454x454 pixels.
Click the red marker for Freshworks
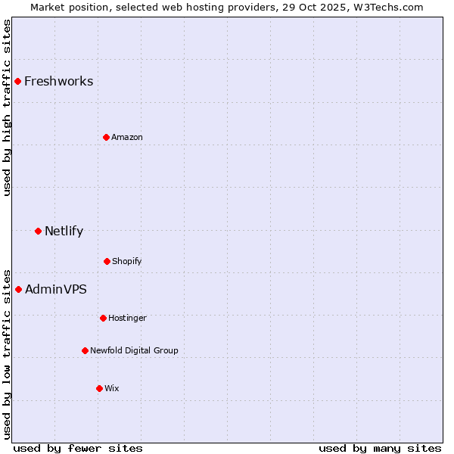click(x=17, y=81)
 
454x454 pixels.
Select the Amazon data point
click(x=106, y=137)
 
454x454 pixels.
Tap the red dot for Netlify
click(x=38, y=231)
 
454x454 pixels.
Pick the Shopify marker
click(x=107, y=261)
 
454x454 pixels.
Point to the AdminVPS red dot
click(x=18, y=289)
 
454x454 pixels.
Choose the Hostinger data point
click(x=103, y=318)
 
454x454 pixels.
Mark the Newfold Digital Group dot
click(x=85, y=350)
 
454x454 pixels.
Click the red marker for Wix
click(x=99, y=388)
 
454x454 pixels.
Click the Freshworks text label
click(x=58, y=81)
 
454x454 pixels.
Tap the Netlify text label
click(x=64, y=231)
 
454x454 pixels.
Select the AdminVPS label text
click(x=55, y=289)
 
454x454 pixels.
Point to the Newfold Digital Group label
click(x=134, y=350)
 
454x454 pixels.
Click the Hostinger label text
click(x=127, y=318)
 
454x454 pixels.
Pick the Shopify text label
click(x=126, y=261)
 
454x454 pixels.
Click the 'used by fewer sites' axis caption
click(x=78, y=448)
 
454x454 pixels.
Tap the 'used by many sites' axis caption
click(x=380, y=448)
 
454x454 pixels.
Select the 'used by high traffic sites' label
click(x=7, y=107)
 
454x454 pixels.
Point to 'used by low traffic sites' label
click(x=7, y=353)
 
